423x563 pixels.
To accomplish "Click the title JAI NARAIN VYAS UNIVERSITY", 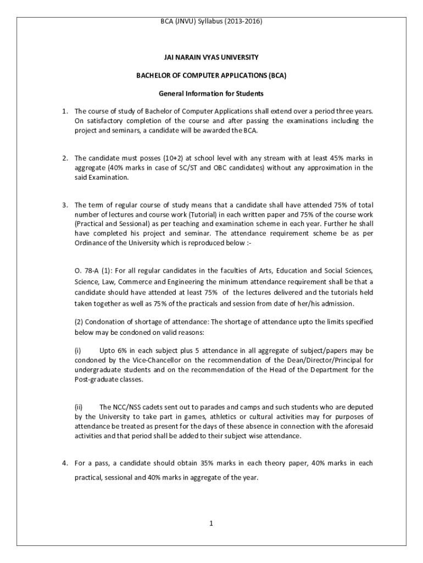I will coord(211,57).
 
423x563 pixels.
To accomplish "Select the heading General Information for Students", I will coord(211,93).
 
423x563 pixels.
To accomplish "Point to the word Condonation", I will coord(107,322).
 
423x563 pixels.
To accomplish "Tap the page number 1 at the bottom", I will coord(211,523).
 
